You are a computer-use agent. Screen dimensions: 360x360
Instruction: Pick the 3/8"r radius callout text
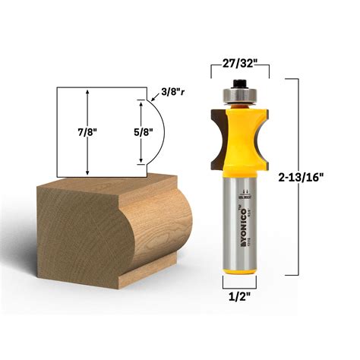[x=172, y=93]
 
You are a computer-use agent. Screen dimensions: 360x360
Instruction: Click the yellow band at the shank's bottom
[x=239, y=278]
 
